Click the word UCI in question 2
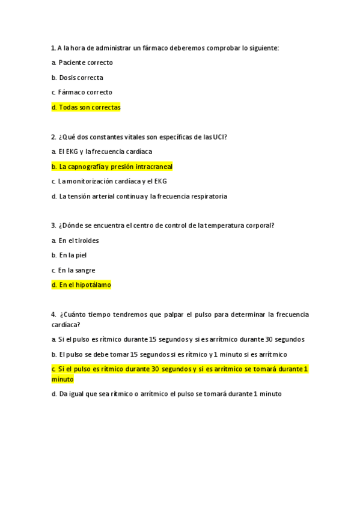pyautogui.click(x=219, y=137)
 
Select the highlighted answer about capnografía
pyautogui.click(x=112, y=166)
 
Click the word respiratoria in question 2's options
pyautogui.click(x=206, y=196)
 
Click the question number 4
pyautogui.click(x=53, y=315)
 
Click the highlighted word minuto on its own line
pyautogui.click(x=63, y=379)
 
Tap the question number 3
pyautogui.click(x=53, y=226)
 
